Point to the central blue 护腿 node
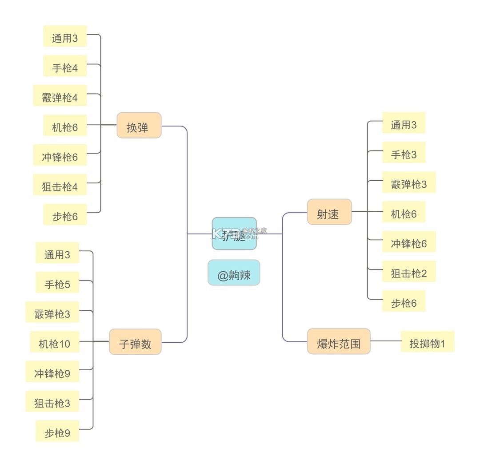[234, 233]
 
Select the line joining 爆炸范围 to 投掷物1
[386, 341]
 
